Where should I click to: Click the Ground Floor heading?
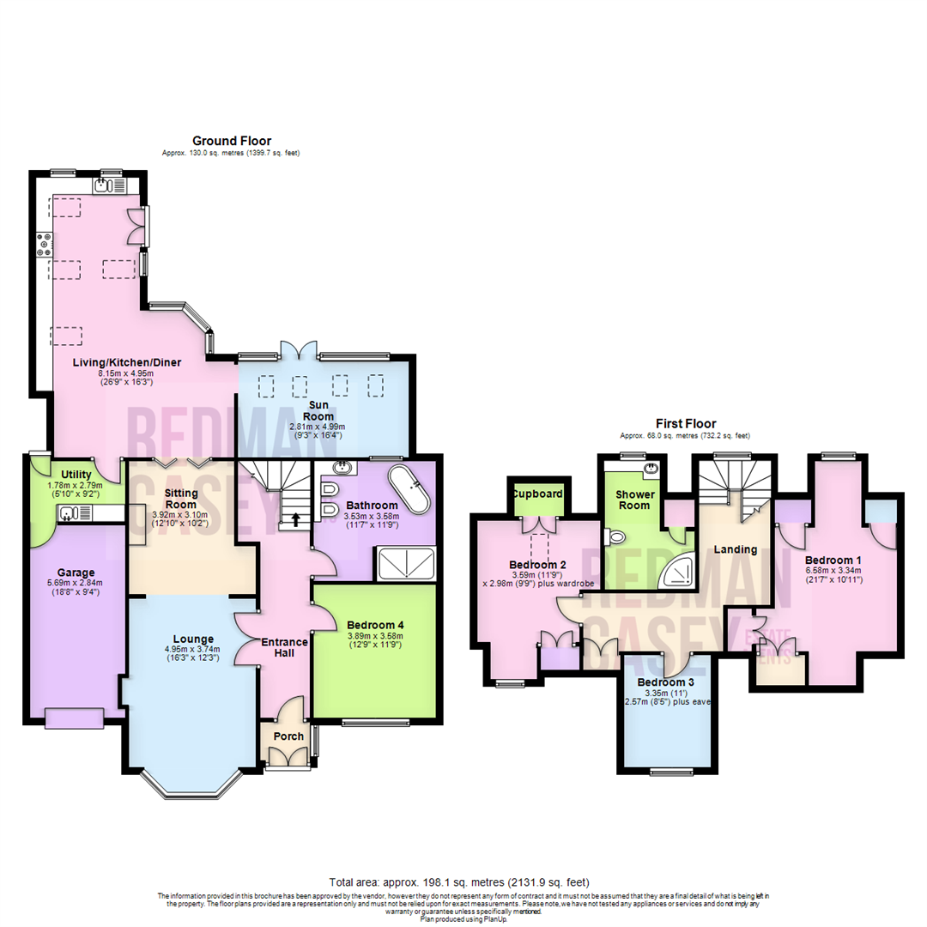pos(231,141)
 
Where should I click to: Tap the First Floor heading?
pos(685,424)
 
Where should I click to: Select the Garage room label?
pos(76,573)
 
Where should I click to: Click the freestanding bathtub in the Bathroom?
pos(410,489)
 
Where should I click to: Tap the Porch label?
pos(288,736)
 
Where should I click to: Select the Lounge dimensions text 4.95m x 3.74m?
pos(192,649)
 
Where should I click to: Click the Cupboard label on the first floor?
pos(537,494)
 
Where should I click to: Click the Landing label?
pos(736,549)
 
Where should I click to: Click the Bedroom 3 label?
pos(666,683)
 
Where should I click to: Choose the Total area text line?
pos(459,882)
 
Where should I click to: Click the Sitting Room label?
pos(182,499)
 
